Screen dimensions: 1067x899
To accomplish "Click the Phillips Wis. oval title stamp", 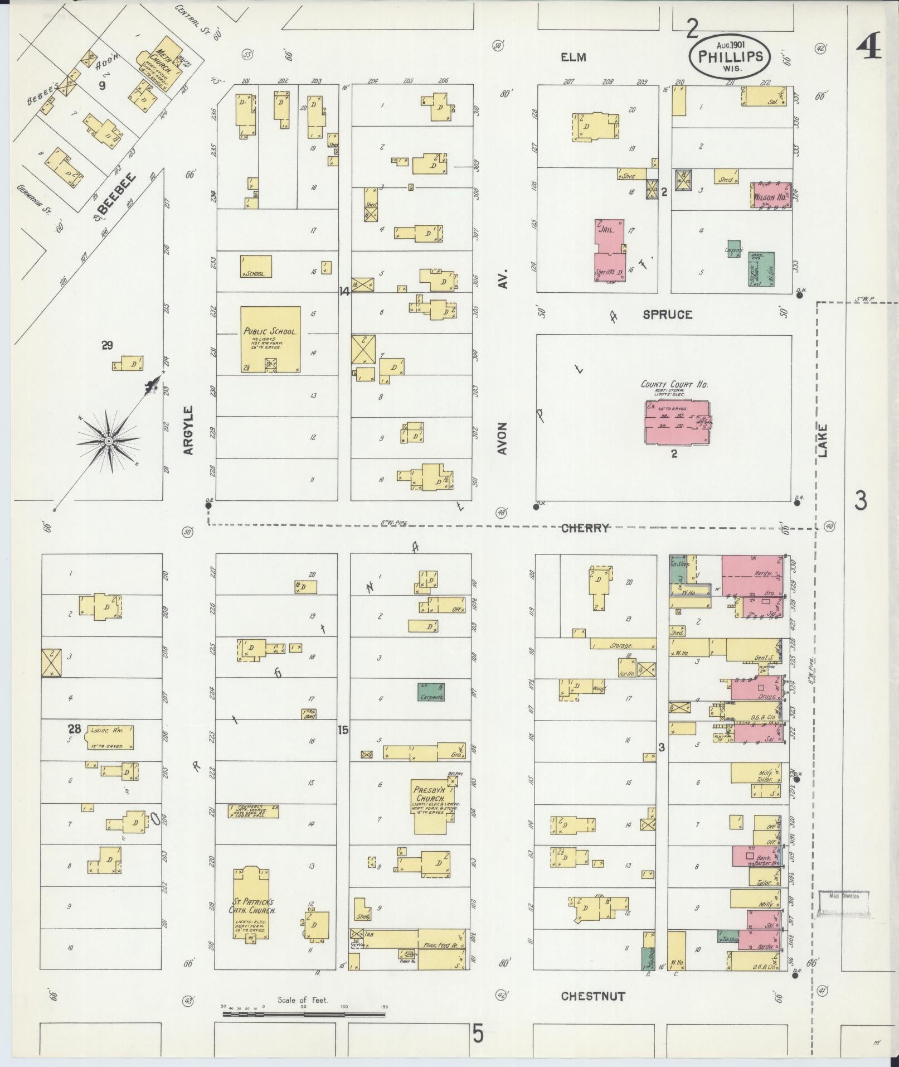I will [x=730, y=57].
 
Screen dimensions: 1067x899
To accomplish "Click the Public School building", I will [x=270, y=339].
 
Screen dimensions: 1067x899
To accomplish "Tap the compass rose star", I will [x=109, y=441].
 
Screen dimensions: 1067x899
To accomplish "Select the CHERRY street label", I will [x=585, y=528].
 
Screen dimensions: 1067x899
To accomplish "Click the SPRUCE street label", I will [x=667, y=315].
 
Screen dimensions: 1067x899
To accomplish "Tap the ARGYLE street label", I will [x=188, y=430].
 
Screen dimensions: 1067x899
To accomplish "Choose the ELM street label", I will [x=574, y=57].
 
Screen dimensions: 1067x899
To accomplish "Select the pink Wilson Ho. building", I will [x=770, y=196].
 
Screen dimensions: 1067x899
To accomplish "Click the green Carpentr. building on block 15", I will [x=431, y=692].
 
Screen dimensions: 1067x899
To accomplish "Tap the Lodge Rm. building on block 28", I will [x=110, y=737].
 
